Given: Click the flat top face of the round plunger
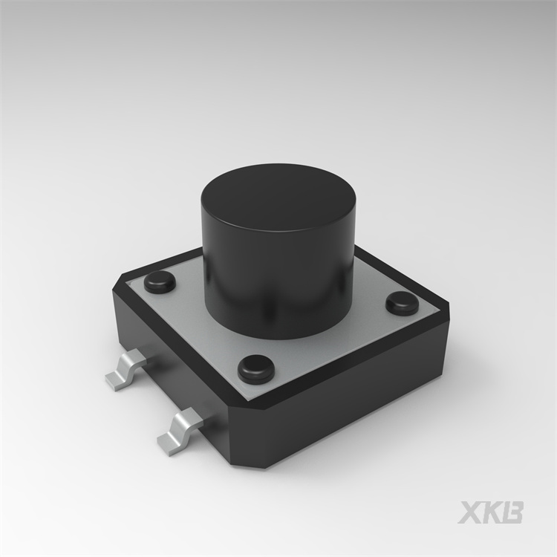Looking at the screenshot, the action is [278, 197].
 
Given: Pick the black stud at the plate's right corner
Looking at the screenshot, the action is [403, 303].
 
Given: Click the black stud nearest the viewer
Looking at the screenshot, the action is [256, 368].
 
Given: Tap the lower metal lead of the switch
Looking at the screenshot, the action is [180, 431].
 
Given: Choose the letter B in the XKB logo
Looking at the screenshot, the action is [512, 512].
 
